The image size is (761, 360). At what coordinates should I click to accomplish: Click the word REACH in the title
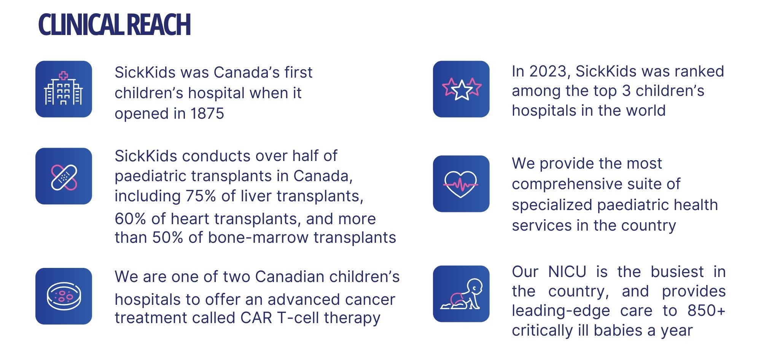[x=158, y=25]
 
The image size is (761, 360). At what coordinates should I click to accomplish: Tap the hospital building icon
[x=64, y=89]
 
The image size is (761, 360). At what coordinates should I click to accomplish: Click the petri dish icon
[x=64, y=296]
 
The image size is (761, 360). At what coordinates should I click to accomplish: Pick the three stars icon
[x=461, y=89]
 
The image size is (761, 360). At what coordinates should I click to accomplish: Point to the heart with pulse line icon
[x=461, y=184]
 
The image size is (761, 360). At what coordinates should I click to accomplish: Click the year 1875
[x=207, y=114]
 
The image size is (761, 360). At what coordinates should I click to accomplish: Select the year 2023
[x=548, y=72]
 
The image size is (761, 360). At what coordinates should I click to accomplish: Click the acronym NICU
[x=567, y=272]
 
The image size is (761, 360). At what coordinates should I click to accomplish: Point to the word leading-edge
[x=561, y=311]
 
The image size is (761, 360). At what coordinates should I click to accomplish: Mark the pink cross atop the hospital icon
[x=64, y=75]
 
